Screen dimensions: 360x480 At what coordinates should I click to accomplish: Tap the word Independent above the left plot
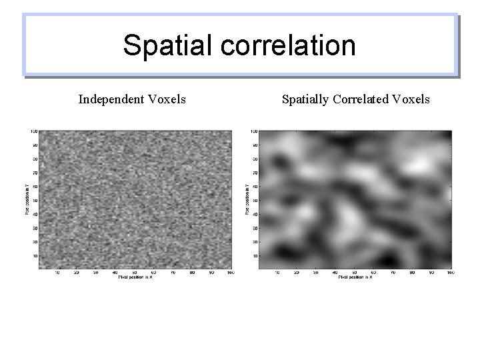coord(110,100)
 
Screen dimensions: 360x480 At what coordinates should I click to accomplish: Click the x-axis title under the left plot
coord(135,277)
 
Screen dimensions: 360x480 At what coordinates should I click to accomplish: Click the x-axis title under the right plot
coord(355,277)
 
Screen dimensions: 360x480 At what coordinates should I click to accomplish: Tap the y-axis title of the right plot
coord(247,201)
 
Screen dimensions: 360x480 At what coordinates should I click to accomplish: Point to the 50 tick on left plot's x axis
coord(135,272)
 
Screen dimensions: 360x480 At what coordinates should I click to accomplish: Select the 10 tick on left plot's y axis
coord(35,255)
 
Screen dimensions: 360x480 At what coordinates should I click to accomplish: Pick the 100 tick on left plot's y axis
coord(33,131)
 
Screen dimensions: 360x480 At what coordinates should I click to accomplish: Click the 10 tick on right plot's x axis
coord(277,272)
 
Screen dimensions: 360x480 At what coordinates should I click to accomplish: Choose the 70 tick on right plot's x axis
coord(393,272)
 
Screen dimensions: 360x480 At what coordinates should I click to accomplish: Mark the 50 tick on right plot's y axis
coord(253,200)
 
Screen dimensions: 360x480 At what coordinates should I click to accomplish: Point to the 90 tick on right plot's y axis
coord(253,145)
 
